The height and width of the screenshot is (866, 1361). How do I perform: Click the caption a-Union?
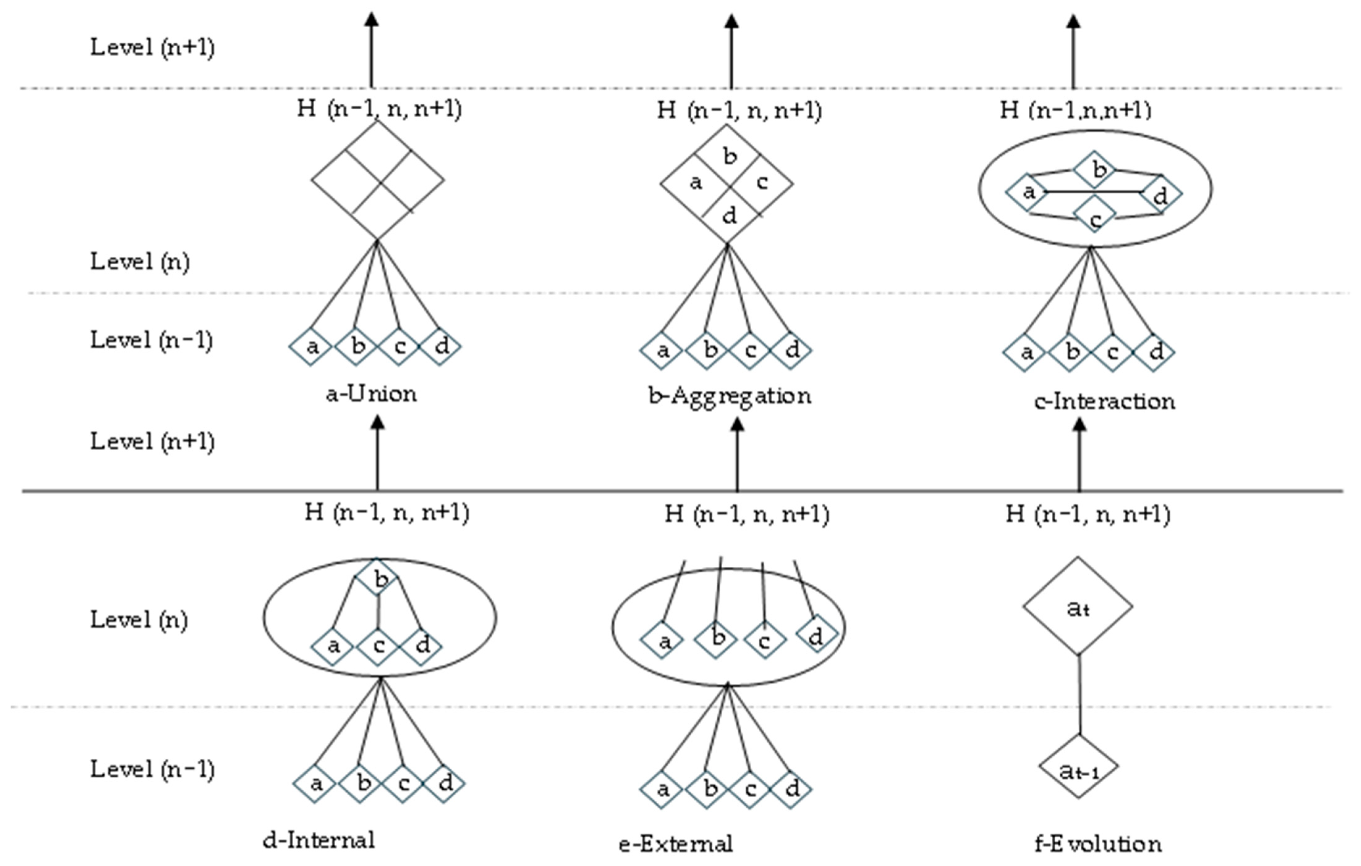point(371,394)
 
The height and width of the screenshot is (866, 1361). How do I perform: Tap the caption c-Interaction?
point(1104,401)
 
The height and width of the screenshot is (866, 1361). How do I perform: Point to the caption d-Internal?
point(319,840)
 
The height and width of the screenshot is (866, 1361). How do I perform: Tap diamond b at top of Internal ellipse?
point(377,577)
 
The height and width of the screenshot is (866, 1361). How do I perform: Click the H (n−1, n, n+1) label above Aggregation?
point(739,110)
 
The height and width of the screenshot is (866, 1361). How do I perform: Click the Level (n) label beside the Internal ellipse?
point(139,620)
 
